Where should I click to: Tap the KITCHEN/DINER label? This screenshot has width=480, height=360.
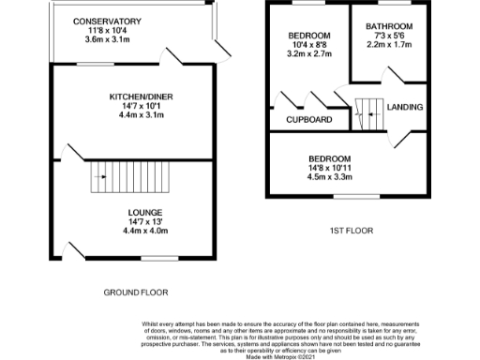pyautogui.click(x=141, y=97)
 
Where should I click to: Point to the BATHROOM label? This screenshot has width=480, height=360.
pyautogui.click(x=390, y=26)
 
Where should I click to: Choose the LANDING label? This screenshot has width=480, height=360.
pyautogui.click(x=405, y=107)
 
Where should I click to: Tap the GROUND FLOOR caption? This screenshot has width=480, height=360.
pyautogui.click(x=135, y=293)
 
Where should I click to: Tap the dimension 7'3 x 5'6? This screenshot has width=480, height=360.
pyautogui.click(x=390, y=36)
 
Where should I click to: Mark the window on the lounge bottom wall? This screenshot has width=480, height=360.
pyautogui.click(x=158, y=257)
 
